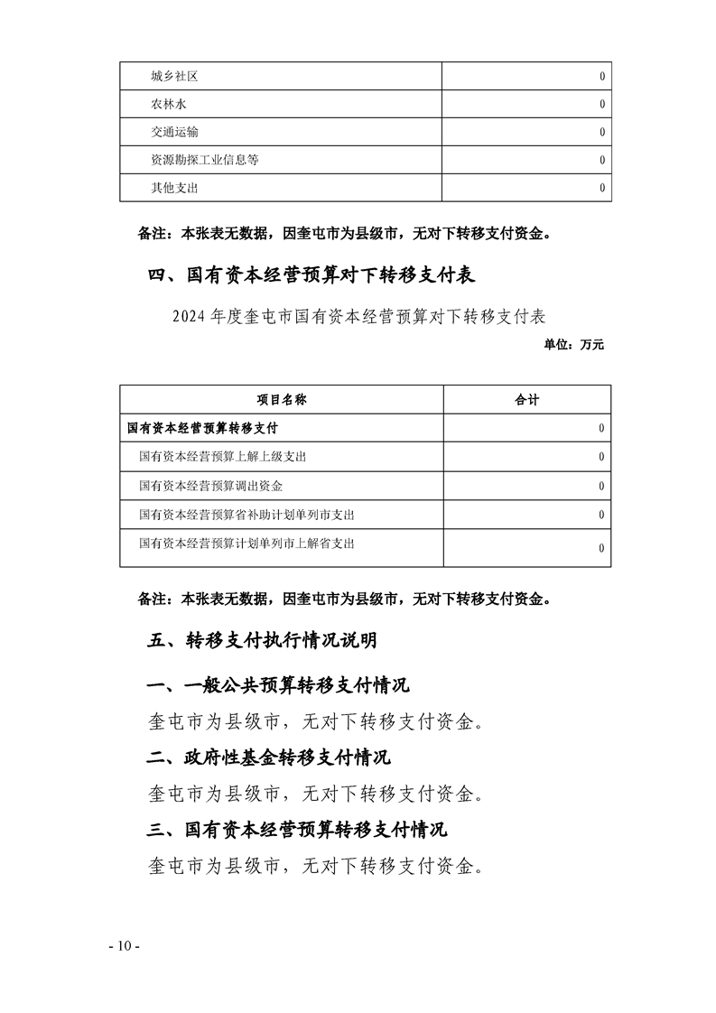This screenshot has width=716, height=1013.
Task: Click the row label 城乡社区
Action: coord(174,77)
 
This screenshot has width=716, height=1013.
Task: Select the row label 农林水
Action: coord(169,105)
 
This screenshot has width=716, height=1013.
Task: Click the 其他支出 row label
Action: coord(174,189)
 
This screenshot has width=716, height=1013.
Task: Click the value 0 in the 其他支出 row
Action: coord(602,189)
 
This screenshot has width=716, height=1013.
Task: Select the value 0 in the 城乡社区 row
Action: coord(602,77)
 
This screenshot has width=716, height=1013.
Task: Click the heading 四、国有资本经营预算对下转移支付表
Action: coord(312,274)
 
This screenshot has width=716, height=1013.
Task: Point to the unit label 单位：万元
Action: coord(574,344)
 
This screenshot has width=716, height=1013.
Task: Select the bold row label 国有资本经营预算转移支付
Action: coord(202,428)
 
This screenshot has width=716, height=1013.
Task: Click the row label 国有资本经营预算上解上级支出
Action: coord(223,457)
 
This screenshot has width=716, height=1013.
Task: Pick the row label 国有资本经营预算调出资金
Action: coord(211,486)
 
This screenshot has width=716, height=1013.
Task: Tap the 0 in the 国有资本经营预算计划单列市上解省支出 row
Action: coord(602,548)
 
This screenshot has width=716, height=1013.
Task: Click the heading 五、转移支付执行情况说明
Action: coord(262,641)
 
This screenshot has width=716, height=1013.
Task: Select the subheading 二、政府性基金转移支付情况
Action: coord(268,757)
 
